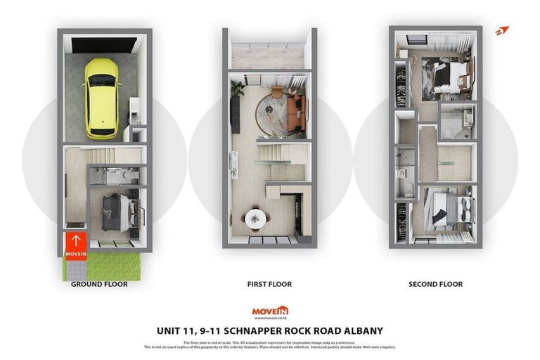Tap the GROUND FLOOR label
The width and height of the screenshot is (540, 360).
tap(99, 284)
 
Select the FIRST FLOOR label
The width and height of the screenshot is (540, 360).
tap(269, 284)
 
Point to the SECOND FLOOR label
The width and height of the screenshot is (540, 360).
tap(435, 284)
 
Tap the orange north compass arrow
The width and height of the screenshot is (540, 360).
tap(501, 31)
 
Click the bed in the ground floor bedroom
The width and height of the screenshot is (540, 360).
tap(115, 211)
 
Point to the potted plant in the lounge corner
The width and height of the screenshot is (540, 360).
tap(237, 89)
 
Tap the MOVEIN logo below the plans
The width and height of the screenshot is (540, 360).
tap(270, 311)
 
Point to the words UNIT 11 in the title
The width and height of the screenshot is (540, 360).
tap(175, 330)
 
